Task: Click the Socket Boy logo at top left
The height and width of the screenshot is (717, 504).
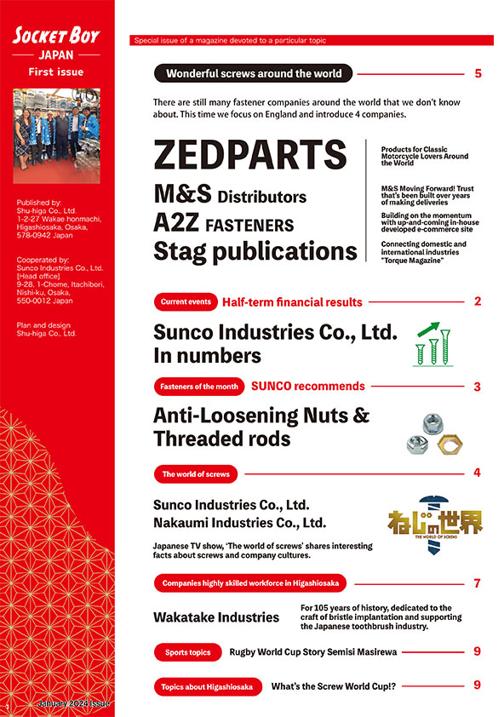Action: pos(56,36)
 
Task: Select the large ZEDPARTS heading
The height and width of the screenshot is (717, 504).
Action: pos(250,154)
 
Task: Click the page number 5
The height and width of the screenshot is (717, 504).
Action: pos(478,74)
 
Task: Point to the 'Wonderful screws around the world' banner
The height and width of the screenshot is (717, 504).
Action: pos(253,74)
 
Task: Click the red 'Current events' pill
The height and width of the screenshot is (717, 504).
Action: pos(186,302)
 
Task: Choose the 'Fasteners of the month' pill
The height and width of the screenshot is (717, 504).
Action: pos(200,387)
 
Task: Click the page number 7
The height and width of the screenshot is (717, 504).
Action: pos(478,583)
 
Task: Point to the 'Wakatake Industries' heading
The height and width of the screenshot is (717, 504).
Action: pos(216,617)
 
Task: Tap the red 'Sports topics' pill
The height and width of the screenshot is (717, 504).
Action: pos(188,653)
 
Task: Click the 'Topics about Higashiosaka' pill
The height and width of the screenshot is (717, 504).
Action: pos(208,686)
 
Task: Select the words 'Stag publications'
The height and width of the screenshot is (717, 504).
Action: pos(255,251)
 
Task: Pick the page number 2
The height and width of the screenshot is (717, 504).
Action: pos(478,301)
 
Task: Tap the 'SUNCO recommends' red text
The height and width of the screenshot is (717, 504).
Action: pos(307,387)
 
